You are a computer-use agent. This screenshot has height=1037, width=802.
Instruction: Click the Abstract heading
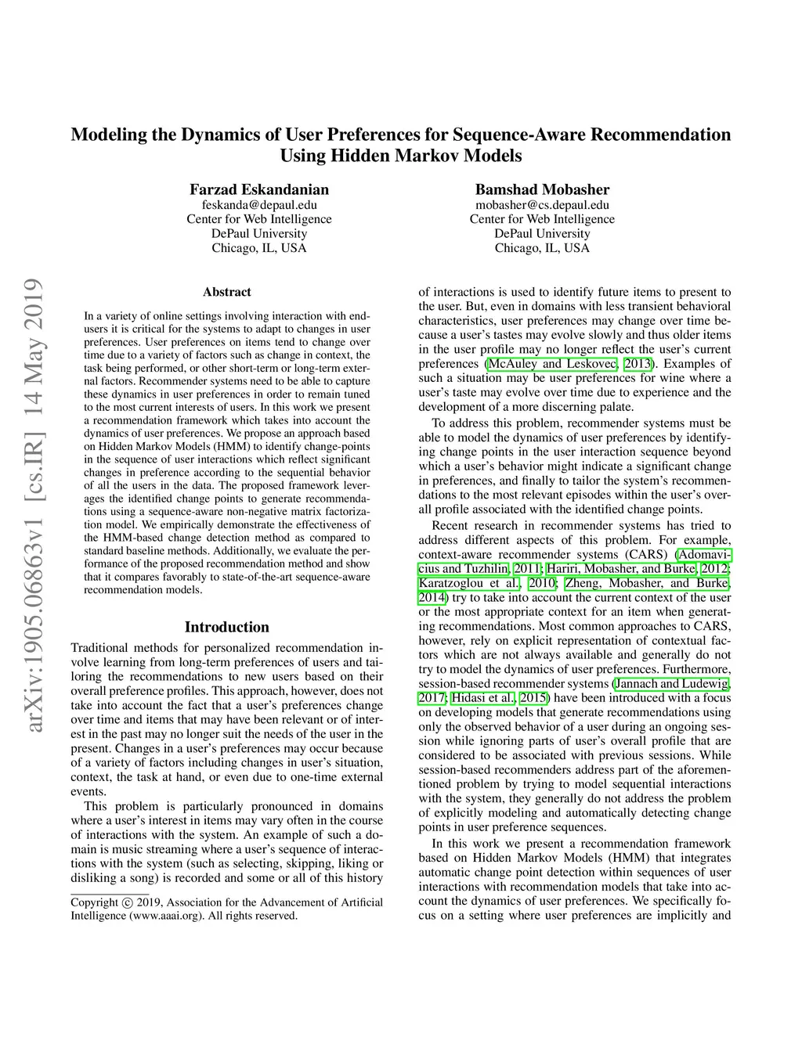227,292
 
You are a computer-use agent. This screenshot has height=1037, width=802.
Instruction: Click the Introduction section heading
226,627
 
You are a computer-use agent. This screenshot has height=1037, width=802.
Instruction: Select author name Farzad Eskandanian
259,189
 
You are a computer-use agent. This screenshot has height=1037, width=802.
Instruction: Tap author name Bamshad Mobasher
542,189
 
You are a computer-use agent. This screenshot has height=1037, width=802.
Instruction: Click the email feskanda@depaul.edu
259,205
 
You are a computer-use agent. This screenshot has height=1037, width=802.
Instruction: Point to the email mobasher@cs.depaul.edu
542,205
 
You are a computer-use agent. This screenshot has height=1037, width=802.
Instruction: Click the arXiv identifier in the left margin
34,506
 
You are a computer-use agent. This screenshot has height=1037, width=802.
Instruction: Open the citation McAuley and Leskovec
552,363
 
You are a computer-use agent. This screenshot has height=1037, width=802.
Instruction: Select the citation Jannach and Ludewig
671,683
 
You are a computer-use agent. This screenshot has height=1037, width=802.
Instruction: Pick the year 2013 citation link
638,363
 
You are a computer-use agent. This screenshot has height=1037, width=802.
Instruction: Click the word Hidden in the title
359,155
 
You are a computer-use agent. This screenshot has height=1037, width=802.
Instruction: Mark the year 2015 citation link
533,697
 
